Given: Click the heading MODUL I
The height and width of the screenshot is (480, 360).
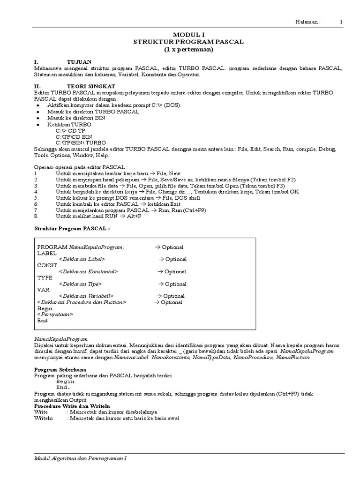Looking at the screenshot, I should tap(189, 35).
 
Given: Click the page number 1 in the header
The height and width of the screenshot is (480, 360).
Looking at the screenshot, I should tap(341, 22).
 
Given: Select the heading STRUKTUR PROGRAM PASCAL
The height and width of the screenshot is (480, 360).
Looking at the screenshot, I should tap(189, 42).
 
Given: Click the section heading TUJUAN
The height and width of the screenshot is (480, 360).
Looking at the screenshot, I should tap(79, 62).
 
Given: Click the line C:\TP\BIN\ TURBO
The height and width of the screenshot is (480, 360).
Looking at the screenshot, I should tap(81, 142).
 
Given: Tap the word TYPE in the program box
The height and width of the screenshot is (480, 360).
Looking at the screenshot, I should tap(45, 277).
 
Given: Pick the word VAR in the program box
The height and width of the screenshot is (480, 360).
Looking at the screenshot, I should tap(44, 290).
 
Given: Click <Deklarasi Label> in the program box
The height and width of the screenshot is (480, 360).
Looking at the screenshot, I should tap(82, 259).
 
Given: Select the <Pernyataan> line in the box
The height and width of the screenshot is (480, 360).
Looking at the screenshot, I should tap(55, 314).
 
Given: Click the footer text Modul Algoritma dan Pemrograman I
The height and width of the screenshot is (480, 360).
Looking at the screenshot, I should tap(81, 458).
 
